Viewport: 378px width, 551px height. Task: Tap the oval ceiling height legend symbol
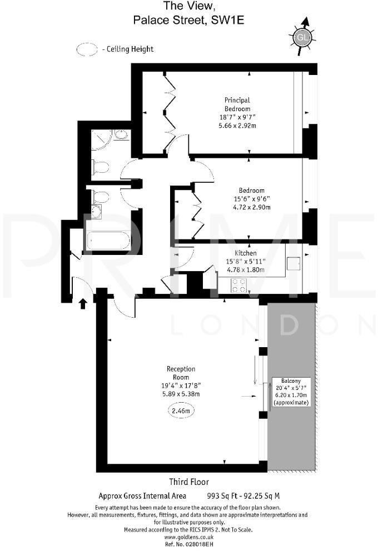click(x=87, y=49)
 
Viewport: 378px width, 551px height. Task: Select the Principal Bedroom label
click(x=237, y=104)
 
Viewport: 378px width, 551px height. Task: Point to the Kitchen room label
click(x=245, y=252)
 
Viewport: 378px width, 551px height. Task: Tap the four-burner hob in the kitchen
click(x=239, y=285)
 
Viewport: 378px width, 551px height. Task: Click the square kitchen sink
click(x=294, y=263)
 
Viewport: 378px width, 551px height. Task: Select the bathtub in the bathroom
click(x=108, y=242)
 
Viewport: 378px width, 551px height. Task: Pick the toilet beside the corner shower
click(x=101, y=167)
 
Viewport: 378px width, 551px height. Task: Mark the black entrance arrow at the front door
click(x=83, y=303)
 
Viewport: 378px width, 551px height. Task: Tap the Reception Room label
click(x=181, y=373)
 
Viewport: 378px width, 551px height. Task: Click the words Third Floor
click(x=189, y=482)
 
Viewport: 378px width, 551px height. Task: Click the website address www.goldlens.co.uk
click(x=188, y=537)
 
